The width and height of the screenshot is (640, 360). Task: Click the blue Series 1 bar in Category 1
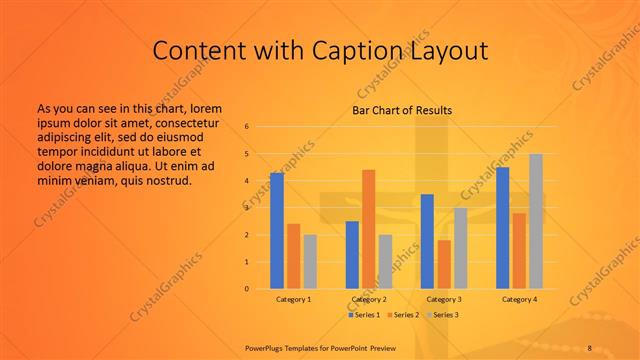(277, 231)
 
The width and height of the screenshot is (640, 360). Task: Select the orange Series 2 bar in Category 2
(368, 229)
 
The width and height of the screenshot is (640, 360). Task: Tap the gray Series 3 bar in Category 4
(536, 221)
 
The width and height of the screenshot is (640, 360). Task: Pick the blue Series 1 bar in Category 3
(427, 241)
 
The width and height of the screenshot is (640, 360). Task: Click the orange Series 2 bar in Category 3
(444, 264)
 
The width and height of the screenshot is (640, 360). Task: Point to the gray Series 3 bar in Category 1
(310, 262)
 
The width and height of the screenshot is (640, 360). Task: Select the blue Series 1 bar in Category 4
(502, 228)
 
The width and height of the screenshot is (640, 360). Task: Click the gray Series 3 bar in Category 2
(385, 262)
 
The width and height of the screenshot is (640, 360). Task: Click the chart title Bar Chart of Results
(402, 110)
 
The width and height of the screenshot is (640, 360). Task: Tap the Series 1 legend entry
(365, 315)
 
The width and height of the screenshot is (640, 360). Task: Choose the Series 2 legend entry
(403, 315)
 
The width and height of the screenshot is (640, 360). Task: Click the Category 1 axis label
(293, 299)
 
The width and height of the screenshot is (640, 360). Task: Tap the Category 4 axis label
(519, 299)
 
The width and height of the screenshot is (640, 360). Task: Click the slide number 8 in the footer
(589, 348)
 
